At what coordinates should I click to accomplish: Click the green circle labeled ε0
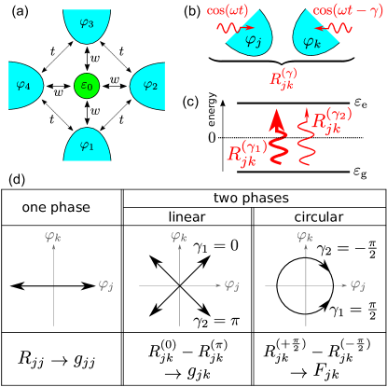click(87, 86)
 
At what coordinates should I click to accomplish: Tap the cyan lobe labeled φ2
click(147, 86)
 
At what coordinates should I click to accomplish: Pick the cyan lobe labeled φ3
click(87, 25)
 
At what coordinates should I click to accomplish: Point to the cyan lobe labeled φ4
click(25, 86)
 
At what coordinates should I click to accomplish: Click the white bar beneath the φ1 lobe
click(86, 164)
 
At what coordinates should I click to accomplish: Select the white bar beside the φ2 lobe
click(168, 87)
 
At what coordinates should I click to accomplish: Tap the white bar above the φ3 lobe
click(88, 6)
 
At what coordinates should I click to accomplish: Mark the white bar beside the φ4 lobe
click(7, 84)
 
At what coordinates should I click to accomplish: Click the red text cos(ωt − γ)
click(347, 10)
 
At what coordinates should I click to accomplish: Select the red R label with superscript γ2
click(332, 120)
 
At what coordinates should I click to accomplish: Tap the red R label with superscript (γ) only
click(283, 78)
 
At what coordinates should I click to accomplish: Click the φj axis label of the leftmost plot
click(105, 284)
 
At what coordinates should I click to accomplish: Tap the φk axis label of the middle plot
click(179, 237)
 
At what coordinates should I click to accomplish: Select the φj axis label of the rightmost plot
click(357, 284)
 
